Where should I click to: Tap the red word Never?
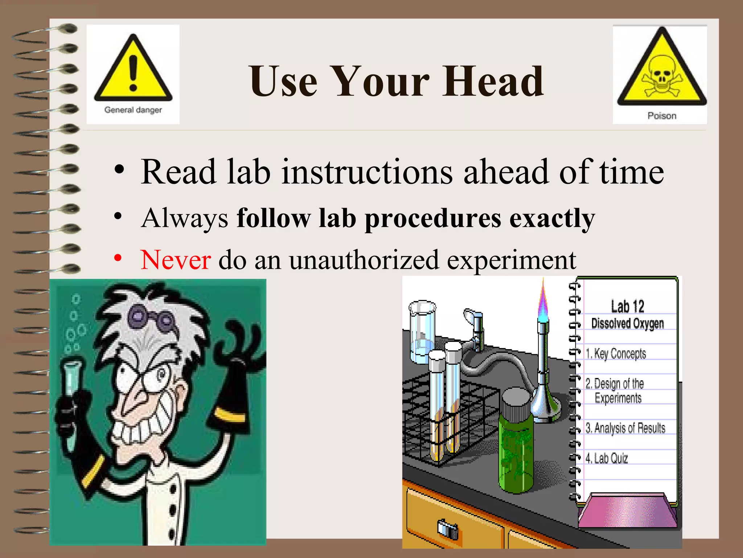pyautogui.click(x=176, y=260)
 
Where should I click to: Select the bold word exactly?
pyautogui.click(x=552, y=219)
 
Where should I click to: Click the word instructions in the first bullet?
pyautogui.click(x=367, y=172)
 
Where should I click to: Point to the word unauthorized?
pyautogui.click(x=364, y=260)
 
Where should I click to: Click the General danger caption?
pyautogui.click(x=133, y=110)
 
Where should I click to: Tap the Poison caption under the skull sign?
pyautogui.click(x=662, y=116)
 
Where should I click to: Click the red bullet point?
pyautogui.click(x=118, y=258)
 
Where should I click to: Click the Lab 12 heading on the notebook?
pyautogui.click(x=627, y=306)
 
